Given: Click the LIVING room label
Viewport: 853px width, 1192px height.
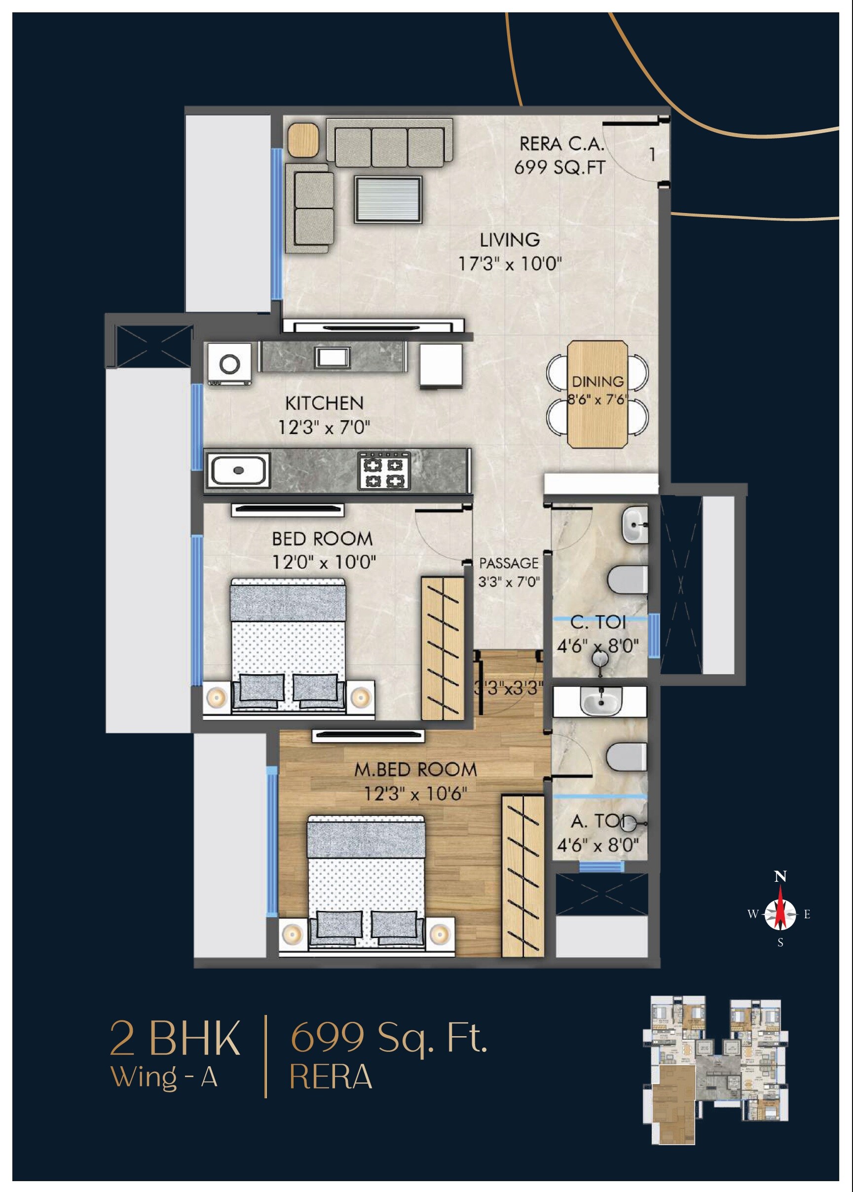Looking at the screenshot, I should [x=509, y=240].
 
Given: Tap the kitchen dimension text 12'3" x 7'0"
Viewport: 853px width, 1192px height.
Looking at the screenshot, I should [x=324, y=428].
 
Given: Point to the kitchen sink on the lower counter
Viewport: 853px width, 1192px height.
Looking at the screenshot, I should [x=238, y=470].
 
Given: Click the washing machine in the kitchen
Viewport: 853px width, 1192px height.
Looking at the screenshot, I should [x=229, y=364].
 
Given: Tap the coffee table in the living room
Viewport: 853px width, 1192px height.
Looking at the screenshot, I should [x=388, y=200].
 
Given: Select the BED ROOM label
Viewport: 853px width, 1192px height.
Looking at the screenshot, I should [x=322, y=539].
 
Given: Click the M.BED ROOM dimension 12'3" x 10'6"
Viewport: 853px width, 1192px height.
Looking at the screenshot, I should [x=415, y=794].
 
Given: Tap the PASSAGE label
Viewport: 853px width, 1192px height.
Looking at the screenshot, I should [x=509, y=563].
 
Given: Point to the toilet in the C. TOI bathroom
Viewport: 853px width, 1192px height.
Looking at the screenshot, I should [x=627, y=579].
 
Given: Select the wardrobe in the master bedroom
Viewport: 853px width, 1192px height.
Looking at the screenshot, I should [x=522, y=875].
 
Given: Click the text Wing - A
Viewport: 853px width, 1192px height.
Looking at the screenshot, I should [x=164, y=1078].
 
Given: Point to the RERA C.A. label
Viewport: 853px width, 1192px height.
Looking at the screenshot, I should [x=561, y=144].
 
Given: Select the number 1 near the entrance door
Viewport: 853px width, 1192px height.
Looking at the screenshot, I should [x=652, y=155].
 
